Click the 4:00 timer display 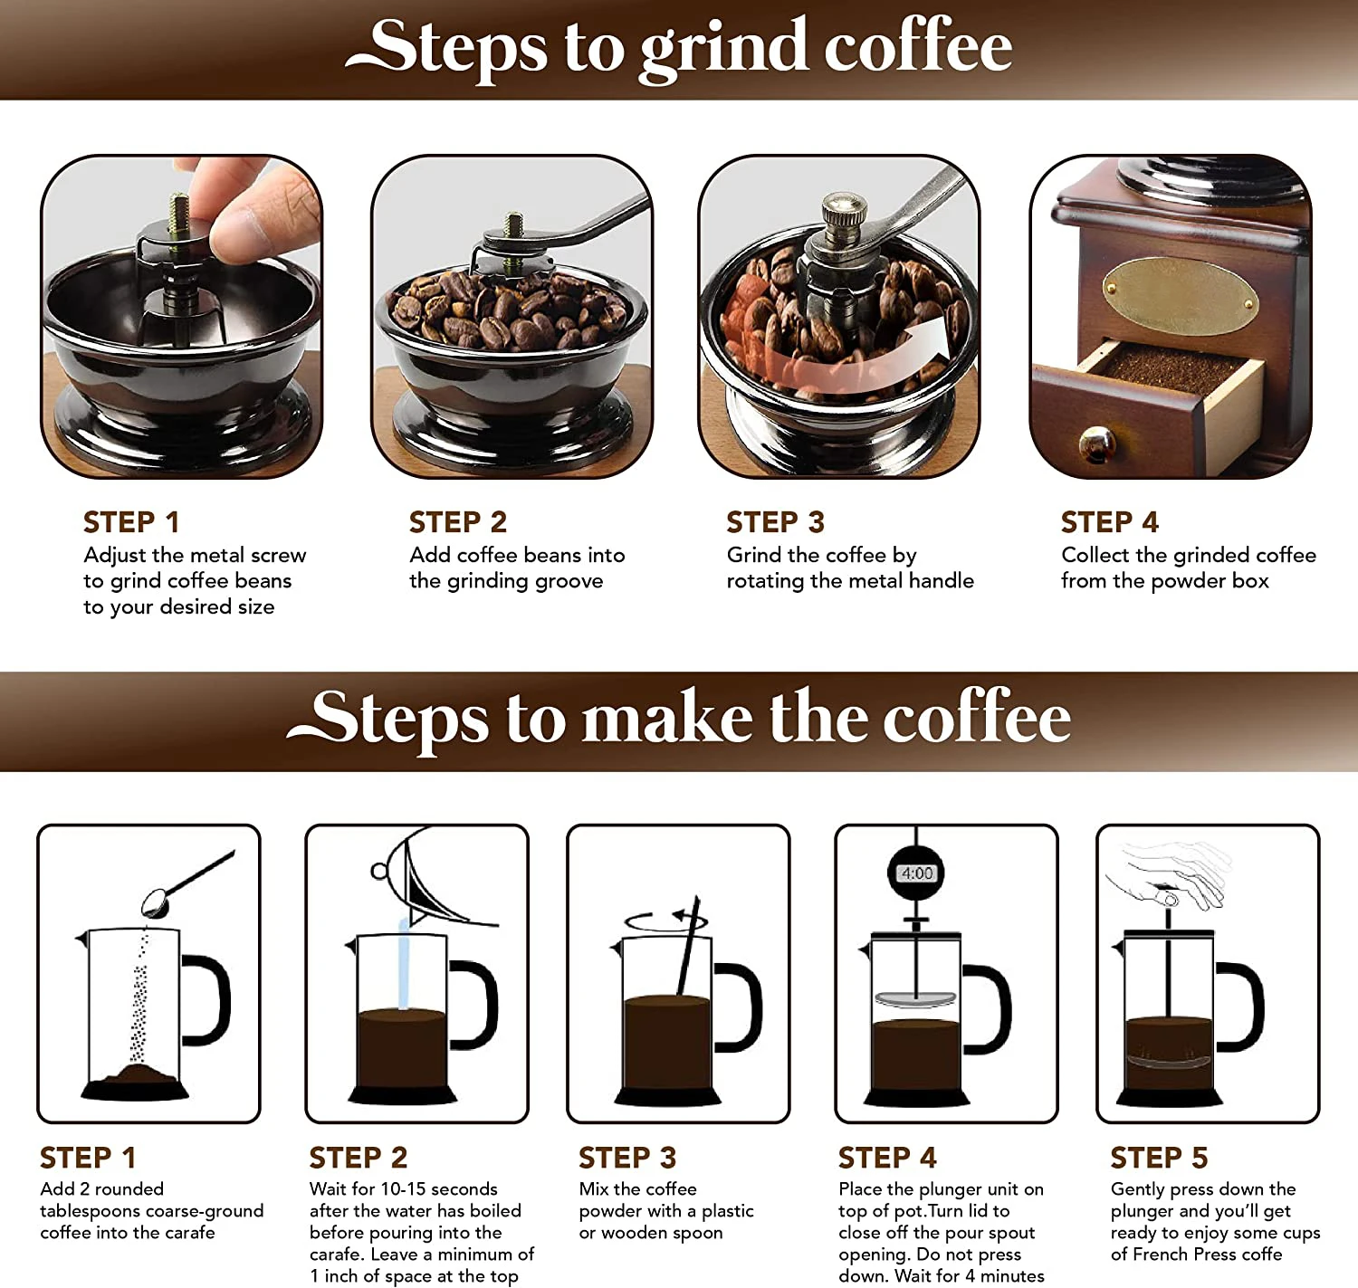916,873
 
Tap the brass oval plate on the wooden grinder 1179,296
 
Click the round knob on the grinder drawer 1096,444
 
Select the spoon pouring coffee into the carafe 158,902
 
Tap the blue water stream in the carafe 404,964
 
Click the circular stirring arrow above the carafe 665,921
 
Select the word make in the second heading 667,719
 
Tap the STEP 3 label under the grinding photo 775,522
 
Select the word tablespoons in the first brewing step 90,1211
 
